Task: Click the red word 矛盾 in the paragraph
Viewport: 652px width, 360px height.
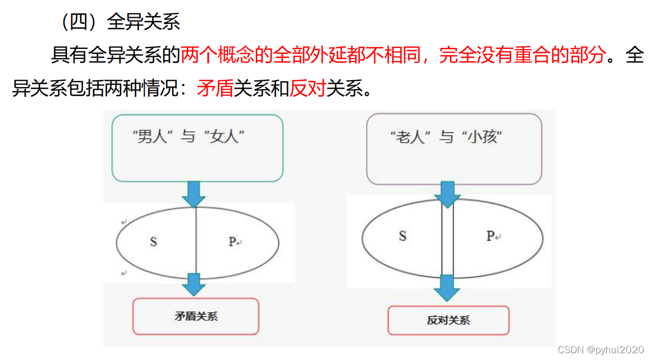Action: tap(215, 89)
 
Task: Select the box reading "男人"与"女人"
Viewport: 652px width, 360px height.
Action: tap(197, 148)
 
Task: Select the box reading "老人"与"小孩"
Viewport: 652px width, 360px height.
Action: tap(454, 150)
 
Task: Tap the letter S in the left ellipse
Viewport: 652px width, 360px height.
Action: tap(153, 242)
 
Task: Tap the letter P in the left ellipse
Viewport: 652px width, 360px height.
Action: tap(232, 242)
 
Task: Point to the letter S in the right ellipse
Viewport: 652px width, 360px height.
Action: tap(403, 236)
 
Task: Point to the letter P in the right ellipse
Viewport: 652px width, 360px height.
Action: tap(490, 236)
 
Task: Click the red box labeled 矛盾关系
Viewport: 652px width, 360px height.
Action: tap(196, 316)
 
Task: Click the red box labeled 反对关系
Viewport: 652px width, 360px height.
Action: tap(448, 320)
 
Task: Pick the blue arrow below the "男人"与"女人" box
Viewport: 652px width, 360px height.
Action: tap(194, 194)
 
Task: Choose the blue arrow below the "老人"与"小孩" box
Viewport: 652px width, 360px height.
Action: tap(447, 194)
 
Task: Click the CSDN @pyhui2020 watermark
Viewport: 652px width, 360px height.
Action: tap(600, 350)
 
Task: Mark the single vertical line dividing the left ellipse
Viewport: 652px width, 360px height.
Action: tap(196, 240)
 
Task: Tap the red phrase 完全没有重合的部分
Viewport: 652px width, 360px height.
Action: tap(523, 55)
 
